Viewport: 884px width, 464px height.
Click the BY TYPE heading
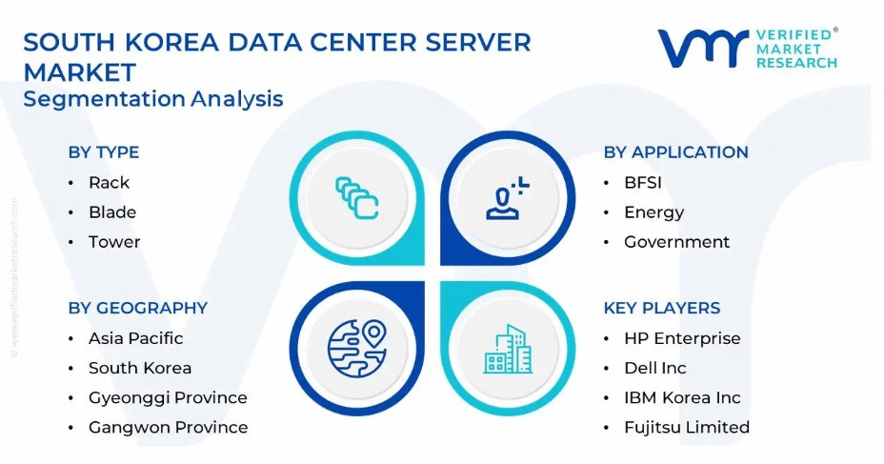pos(104,152)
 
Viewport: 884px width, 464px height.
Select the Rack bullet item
pos(109,183)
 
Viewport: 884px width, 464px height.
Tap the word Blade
pos(112,212)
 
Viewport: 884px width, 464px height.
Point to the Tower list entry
pos(114,242)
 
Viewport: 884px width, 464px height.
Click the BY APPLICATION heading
pos(676,152)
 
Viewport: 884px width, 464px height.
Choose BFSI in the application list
pos(643,183)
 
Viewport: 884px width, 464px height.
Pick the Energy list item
pos(654,212)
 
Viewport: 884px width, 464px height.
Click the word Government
pos(676,242)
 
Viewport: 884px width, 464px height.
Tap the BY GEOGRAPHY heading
pos(138,308)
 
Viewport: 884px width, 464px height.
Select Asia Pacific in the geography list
pos(136,338)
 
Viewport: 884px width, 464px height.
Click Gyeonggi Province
pos(168,398)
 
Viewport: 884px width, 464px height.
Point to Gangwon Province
pos(168,428)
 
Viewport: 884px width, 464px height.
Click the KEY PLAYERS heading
pos(662,308)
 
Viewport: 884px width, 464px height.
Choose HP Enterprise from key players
pos(682,338)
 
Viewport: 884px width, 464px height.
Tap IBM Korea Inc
pos(682,397)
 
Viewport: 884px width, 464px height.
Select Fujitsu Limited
pos(687,428)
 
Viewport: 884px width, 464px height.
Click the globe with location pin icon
pos(357,349)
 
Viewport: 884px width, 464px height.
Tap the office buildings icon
pos(508,349)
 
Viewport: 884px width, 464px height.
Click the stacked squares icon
pos(357,198)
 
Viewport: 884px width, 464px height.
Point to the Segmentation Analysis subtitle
pos(152,99)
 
